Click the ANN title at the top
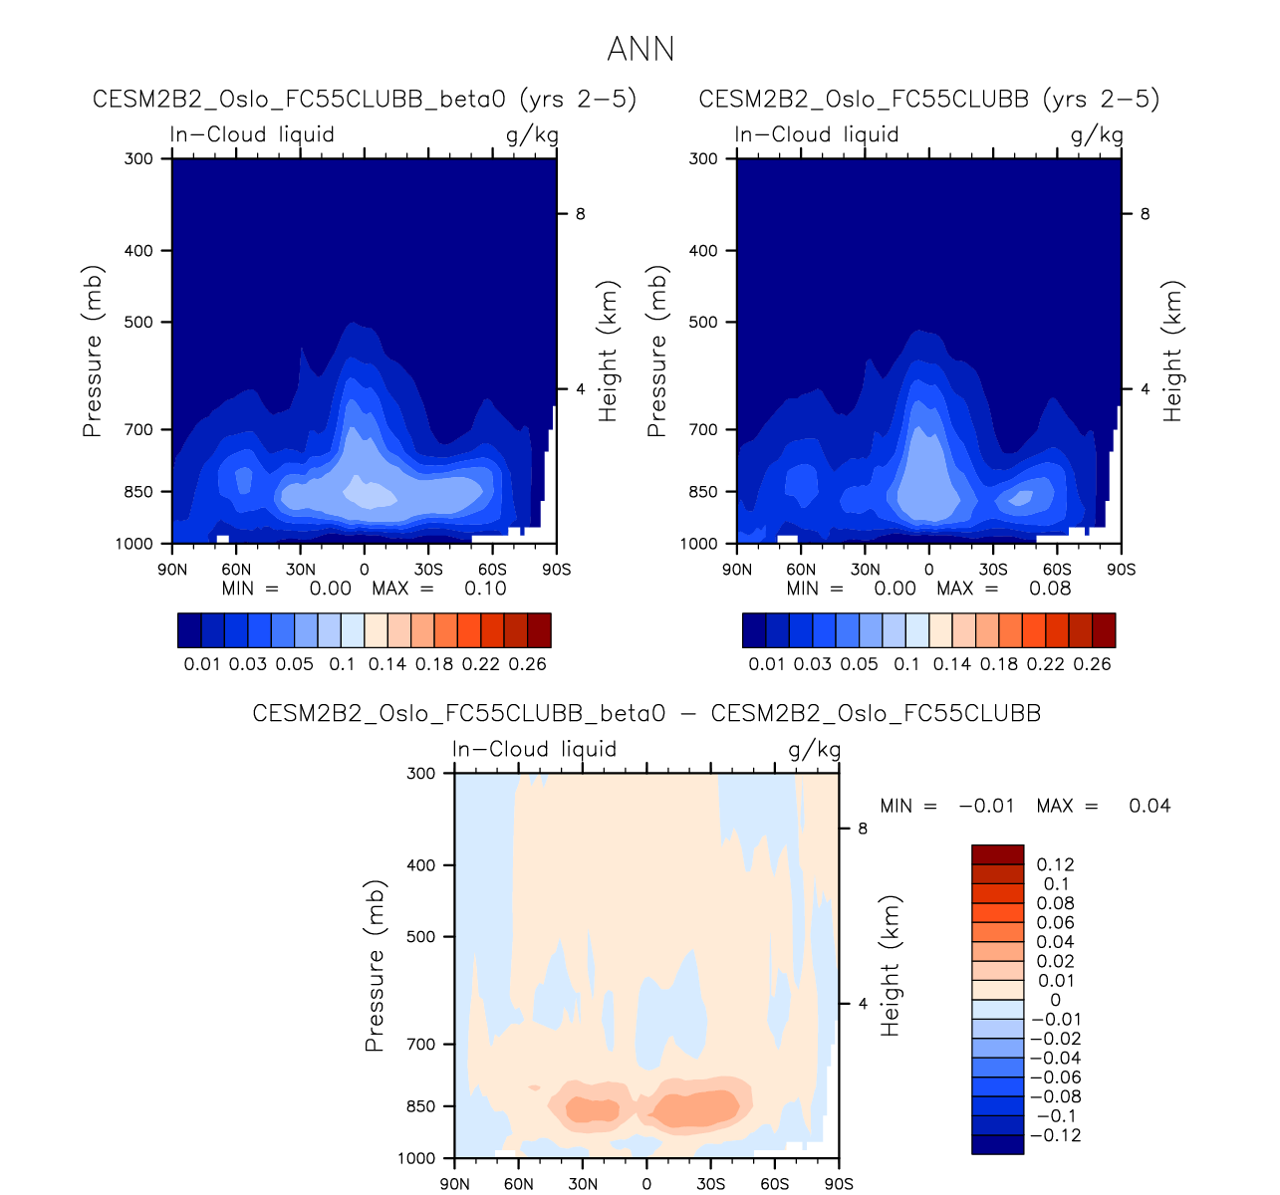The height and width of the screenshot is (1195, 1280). [x=640, y=49]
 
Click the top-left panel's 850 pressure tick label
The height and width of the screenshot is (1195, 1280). [x=139, y=492]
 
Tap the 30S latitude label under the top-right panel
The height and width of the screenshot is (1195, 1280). [x=993, y=570]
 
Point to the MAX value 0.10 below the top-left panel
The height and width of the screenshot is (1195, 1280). [x=485, y=589]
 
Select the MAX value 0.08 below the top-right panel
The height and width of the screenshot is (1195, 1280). [x=1050, y=589]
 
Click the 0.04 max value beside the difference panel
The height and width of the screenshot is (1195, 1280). [x=1150, y=806]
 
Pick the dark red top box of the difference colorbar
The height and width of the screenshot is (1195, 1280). [x=997, y=854]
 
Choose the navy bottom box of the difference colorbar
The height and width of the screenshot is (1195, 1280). [x=997, y=1144]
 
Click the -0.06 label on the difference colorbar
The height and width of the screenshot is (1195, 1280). [x=1055, y=1077]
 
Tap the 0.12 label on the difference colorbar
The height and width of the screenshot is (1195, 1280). [x=1056, y=864]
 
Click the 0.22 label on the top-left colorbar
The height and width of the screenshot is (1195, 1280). [x=481, y=664]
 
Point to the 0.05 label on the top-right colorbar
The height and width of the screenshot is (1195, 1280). [x=860, y=664]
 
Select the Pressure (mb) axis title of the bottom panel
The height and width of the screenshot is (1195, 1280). [x=375, y=966]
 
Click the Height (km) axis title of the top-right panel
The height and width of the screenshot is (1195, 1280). [x=1172, y=351]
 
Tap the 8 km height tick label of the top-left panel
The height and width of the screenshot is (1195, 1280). [x=580, y=214]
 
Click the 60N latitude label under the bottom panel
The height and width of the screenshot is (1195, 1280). [x=519, y=1184]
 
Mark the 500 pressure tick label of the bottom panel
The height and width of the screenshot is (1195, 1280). [x=421, y=937]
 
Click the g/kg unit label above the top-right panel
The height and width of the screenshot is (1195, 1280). [x=1097, y=135]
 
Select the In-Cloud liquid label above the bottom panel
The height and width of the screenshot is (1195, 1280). [x=534, y=749]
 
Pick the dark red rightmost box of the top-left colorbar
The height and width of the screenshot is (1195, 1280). [x=539, y=630]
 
